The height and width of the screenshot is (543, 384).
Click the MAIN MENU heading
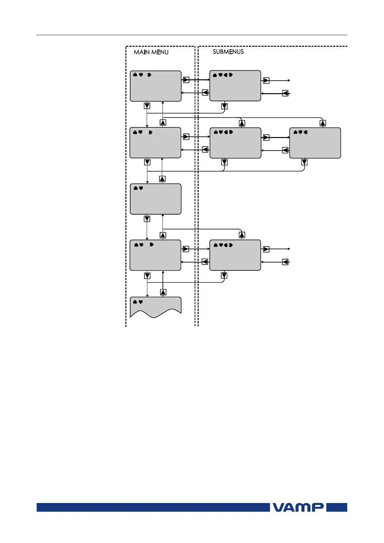(151, 52)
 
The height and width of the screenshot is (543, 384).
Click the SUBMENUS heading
(228, 52)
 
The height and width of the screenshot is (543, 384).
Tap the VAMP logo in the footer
(298, 507)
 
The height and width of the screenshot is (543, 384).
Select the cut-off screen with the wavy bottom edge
(155, 307)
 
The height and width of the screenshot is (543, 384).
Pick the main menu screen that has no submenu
(155, 199)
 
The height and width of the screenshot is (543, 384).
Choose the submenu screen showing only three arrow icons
(315, 143)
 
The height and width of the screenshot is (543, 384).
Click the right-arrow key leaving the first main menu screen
(186, 80)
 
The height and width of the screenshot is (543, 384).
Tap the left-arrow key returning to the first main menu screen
(205, 93)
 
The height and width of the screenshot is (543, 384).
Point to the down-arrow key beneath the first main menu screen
(147, 106)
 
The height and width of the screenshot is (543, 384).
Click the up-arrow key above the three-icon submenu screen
(323, 123)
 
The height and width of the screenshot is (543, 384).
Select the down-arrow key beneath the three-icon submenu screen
(304, 162)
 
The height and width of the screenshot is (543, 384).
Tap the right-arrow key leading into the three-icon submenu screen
(266, 137)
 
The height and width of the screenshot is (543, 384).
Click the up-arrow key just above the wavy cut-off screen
(163, 292)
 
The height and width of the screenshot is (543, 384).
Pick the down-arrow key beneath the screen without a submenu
(147, 219)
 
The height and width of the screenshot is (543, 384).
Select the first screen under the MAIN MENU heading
(155, 86)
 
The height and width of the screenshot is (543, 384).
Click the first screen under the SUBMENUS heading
(235, 86)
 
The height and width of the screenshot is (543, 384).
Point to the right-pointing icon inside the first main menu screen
(149, 75)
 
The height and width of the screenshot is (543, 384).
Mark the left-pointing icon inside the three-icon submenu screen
(305, 132)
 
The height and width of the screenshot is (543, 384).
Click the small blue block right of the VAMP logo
(337, 507)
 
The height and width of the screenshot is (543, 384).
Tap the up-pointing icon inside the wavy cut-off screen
(135, 302)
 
